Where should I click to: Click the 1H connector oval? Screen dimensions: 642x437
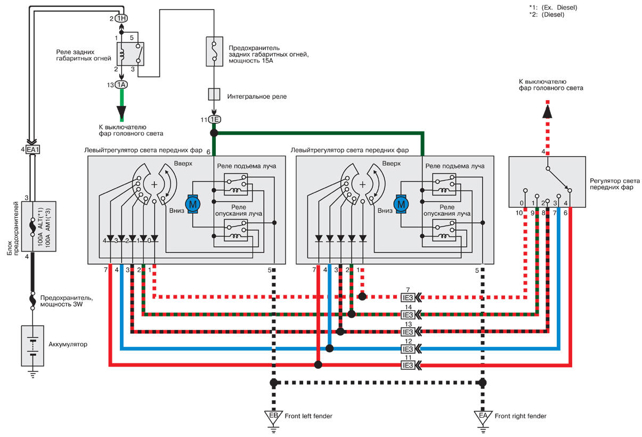click(x=121, y=19)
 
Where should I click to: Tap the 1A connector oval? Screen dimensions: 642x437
click(x=121, y=85)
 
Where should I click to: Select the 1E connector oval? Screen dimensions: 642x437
click(x=214, y=119)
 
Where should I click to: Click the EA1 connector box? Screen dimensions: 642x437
click(x=32, y=149)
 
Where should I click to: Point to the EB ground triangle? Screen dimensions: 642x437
click(x=273, y=417)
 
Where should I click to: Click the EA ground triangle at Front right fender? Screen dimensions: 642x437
click(x=483, y=417)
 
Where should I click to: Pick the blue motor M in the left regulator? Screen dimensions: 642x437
click(x=193, y=204)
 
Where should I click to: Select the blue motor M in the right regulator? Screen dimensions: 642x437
click(x=401, y=204)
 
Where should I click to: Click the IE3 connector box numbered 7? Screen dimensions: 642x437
click(x=408, y=298)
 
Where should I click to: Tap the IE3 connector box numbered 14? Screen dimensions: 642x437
click(x=408, y=315)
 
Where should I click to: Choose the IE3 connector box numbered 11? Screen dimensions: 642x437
click(x=408, y=365)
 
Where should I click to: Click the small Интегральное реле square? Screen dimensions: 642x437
click(x=214, y=94)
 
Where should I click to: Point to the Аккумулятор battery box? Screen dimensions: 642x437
click(x=32, y=345)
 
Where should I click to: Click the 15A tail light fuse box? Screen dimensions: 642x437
click(x=214, y=51)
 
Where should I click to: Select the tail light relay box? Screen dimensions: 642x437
click(x=131, y=54)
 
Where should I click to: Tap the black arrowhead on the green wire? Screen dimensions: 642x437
click(x=121, y=113)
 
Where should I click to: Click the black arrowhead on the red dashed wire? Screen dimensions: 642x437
click(x=547, y=112)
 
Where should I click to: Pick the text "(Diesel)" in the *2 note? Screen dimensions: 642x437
click(x=553, y=14)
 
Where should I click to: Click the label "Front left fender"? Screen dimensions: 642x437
click(x=308, y=416)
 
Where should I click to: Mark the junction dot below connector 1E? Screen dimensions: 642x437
click(x=214, y=133)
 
